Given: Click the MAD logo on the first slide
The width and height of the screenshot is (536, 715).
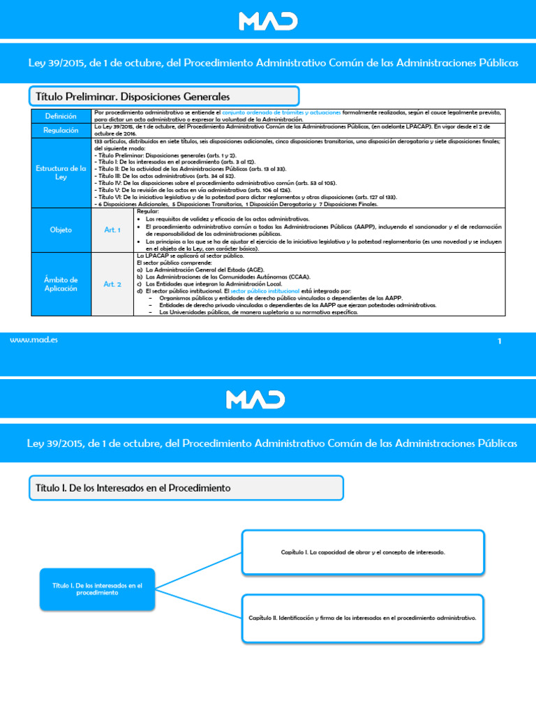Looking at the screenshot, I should point(268,21).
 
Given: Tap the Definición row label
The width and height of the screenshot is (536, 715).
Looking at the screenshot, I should point(61,116).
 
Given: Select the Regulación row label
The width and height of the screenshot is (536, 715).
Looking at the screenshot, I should point(61,131).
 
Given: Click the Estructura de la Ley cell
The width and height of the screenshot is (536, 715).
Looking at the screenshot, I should point(61,172).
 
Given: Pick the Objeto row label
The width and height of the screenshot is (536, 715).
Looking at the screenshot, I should point(61,230).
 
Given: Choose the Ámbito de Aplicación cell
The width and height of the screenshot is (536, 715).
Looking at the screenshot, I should point(61,283).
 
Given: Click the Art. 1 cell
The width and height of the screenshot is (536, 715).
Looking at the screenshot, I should point(112,230).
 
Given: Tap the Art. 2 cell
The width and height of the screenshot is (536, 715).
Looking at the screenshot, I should point(112,283).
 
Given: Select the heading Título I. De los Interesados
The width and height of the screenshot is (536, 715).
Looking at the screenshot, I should point(133,487).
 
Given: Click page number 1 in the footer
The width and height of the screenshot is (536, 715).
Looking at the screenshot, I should point(500,341).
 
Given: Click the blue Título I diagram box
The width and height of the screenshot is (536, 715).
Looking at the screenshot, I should point(97,589).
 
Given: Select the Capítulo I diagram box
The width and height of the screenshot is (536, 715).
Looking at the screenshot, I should point(363,552).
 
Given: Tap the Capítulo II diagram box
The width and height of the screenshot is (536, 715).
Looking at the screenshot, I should point(363,618).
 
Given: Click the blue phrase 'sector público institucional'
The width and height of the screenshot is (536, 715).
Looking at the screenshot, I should point(260,290).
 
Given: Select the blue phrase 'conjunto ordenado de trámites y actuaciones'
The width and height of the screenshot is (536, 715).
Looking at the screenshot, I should point(282,112).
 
